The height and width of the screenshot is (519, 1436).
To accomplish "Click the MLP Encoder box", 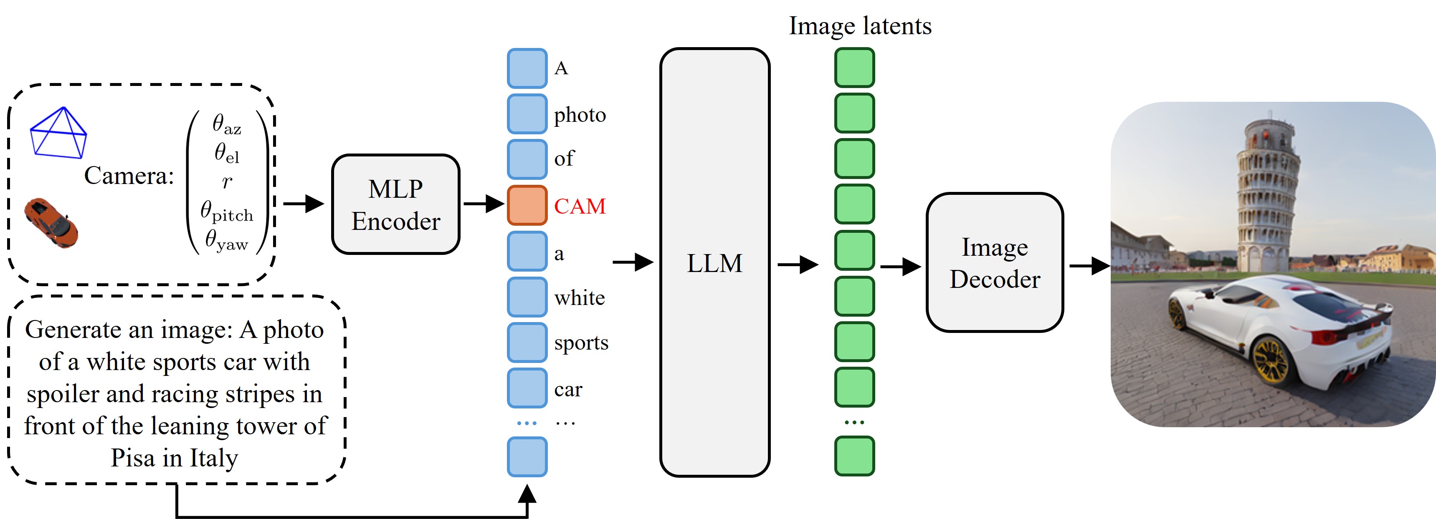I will click(395, 204).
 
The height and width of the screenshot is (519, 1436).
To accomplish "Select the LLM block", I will click(714, 262).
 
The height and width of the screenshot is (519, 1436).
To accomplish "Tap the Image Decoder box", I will click(995, 262).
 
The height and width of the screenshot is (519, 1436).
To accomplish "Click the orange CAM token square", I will click(527, 206).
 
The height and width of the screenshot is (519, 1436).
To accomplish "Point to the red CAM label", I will click(580, 207).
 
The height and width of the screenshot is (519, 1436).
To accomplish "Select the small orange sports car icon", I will click(51, 223).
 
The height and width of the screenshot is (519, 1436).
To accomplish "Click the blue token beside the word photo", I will click(527, 113).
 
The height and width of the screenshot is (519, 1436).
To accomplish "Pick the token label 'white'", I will click(579, 298).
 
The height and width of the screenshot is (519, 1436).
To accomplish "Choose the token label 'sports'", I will click(581, 343).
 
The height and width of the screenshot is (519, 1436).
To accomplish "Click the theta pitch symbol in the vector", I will click(226, 212).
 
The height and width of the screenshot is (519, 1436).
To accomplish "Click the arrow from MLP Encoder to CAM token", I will click(483, 204).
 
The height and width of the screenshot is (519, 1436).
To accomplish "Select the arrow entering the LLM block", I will click(633, 262).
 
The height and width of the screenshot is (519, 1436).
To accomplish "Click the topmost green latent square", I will click(854, 68).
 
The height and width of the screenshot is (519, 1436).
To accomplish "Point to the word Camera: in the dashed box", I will click(129, 176).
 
